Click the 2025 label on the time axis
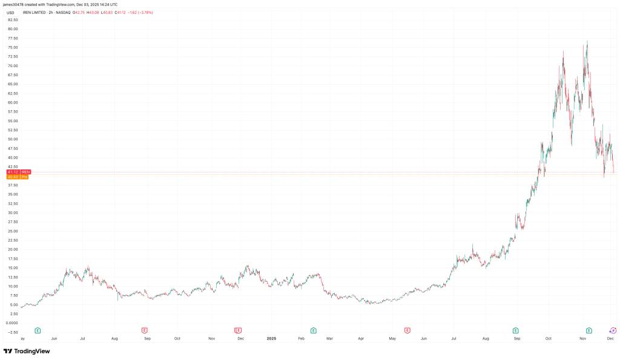(271, 339)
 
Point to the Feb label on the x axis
(301, 339)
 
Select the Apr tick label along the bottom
(360, 339)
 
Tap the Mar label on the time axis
(329, 339)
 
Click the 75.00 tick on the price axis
(13, 47)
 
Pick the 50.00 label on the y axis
(13, 139)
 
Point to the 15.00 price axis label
(13, 268)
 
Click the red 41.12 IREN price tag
(13, 172)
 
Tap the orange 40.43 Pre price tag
(13, 177)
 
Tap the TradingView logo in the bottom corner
(27, 351)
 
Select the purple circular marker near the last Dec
(613, 330)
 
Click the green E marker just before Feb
(313, 330)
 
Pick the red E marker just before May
(407, 330)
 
